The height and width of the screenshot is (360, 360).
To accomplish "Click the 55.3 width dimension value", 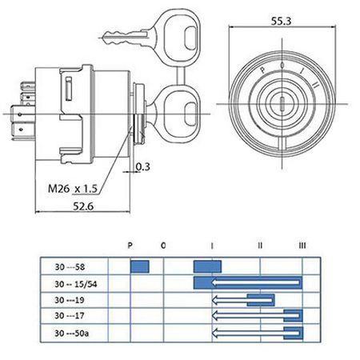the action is (x=281, y=21).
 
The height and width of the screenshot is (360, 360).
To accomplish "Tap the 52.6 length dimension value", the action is (x=83, y=206).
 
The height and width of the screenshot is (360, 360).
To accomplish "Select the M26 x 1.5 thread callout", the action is (x=73, y=189).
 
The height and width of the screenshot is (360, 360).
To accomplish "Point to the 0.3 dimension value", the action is (x=143, y=166).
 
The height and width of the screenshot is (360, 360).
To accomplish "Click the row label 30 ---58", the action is (x=70, y=266).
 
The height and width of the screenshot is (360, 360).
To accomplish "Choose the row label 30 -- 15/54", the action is (x=76, y=284).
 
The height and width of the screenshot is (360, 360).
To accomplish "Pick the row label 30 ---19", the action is (x=70, y=300).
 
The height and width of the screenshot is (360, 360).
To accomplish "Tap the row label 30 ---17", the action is (x=70, y=316).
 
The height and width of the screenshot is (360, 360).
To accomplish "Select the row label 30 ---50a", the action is (x=72, y=333).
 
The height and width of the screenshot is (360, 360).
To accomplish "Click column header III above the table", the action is (x=302, y=245).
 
